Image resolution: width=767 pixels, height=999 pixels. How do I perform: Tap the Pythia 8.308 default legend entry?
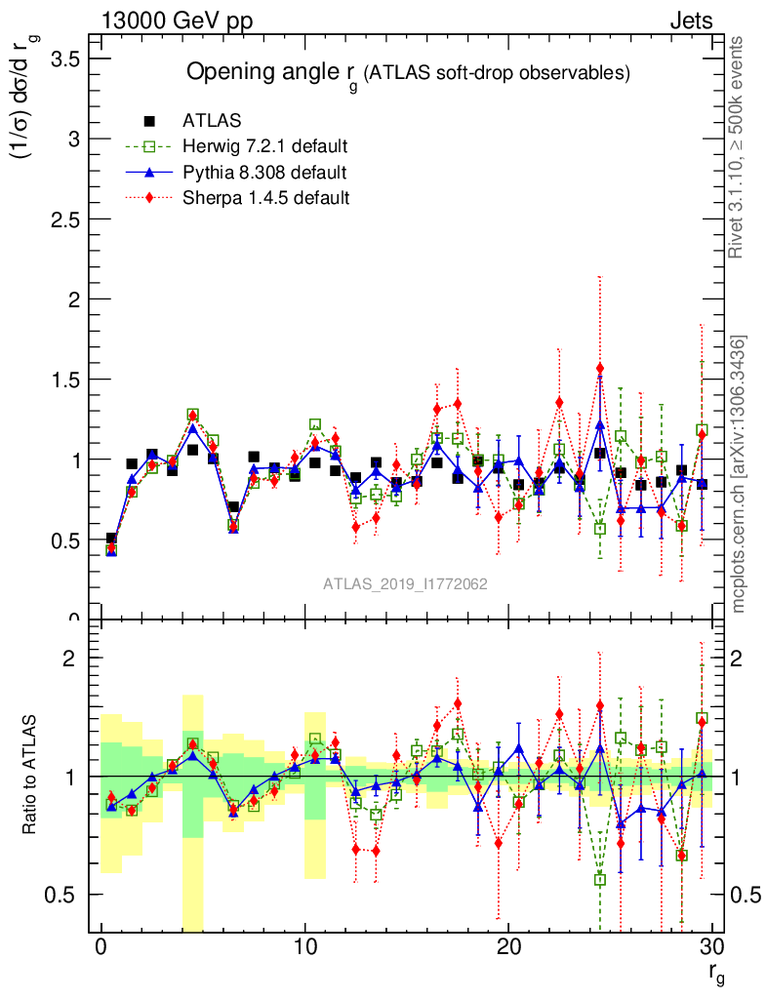(264, 173)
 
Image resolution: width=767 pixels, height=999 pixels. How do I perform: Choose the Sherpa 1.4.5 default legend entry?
(266, 198)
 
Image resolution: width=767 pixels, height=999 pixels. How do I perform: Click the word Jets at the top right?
(691, 20)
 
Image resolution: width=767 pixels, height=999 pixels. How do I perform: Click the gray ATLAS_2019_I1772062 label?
(405, 584)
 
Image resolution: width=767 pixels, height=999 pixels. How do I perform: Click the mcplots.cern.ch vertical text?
(740, 473)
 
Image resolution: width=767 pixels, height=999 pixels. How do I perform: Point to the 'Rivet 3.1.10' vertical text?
(740, 147)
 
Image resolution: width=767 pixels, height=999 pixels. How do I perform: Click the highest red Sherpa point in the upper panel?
(600, 369)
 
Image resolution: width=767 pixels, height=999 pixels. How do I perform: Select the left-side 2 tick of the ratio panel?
(69, 659)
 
